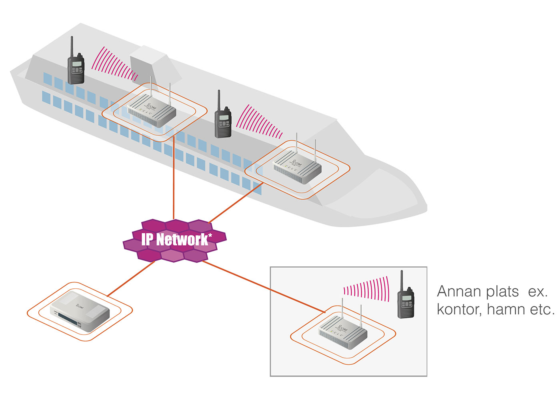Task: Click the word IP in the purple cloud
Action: [x=147, y=239]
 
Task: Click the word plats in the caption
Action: [x=502, y=292]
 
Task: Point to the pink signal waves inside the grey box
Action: [x=367, y=289]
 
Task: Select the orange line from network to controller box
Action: [x=130, y=278]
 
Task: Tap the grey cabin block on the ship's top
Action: [x=151, y=64]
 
